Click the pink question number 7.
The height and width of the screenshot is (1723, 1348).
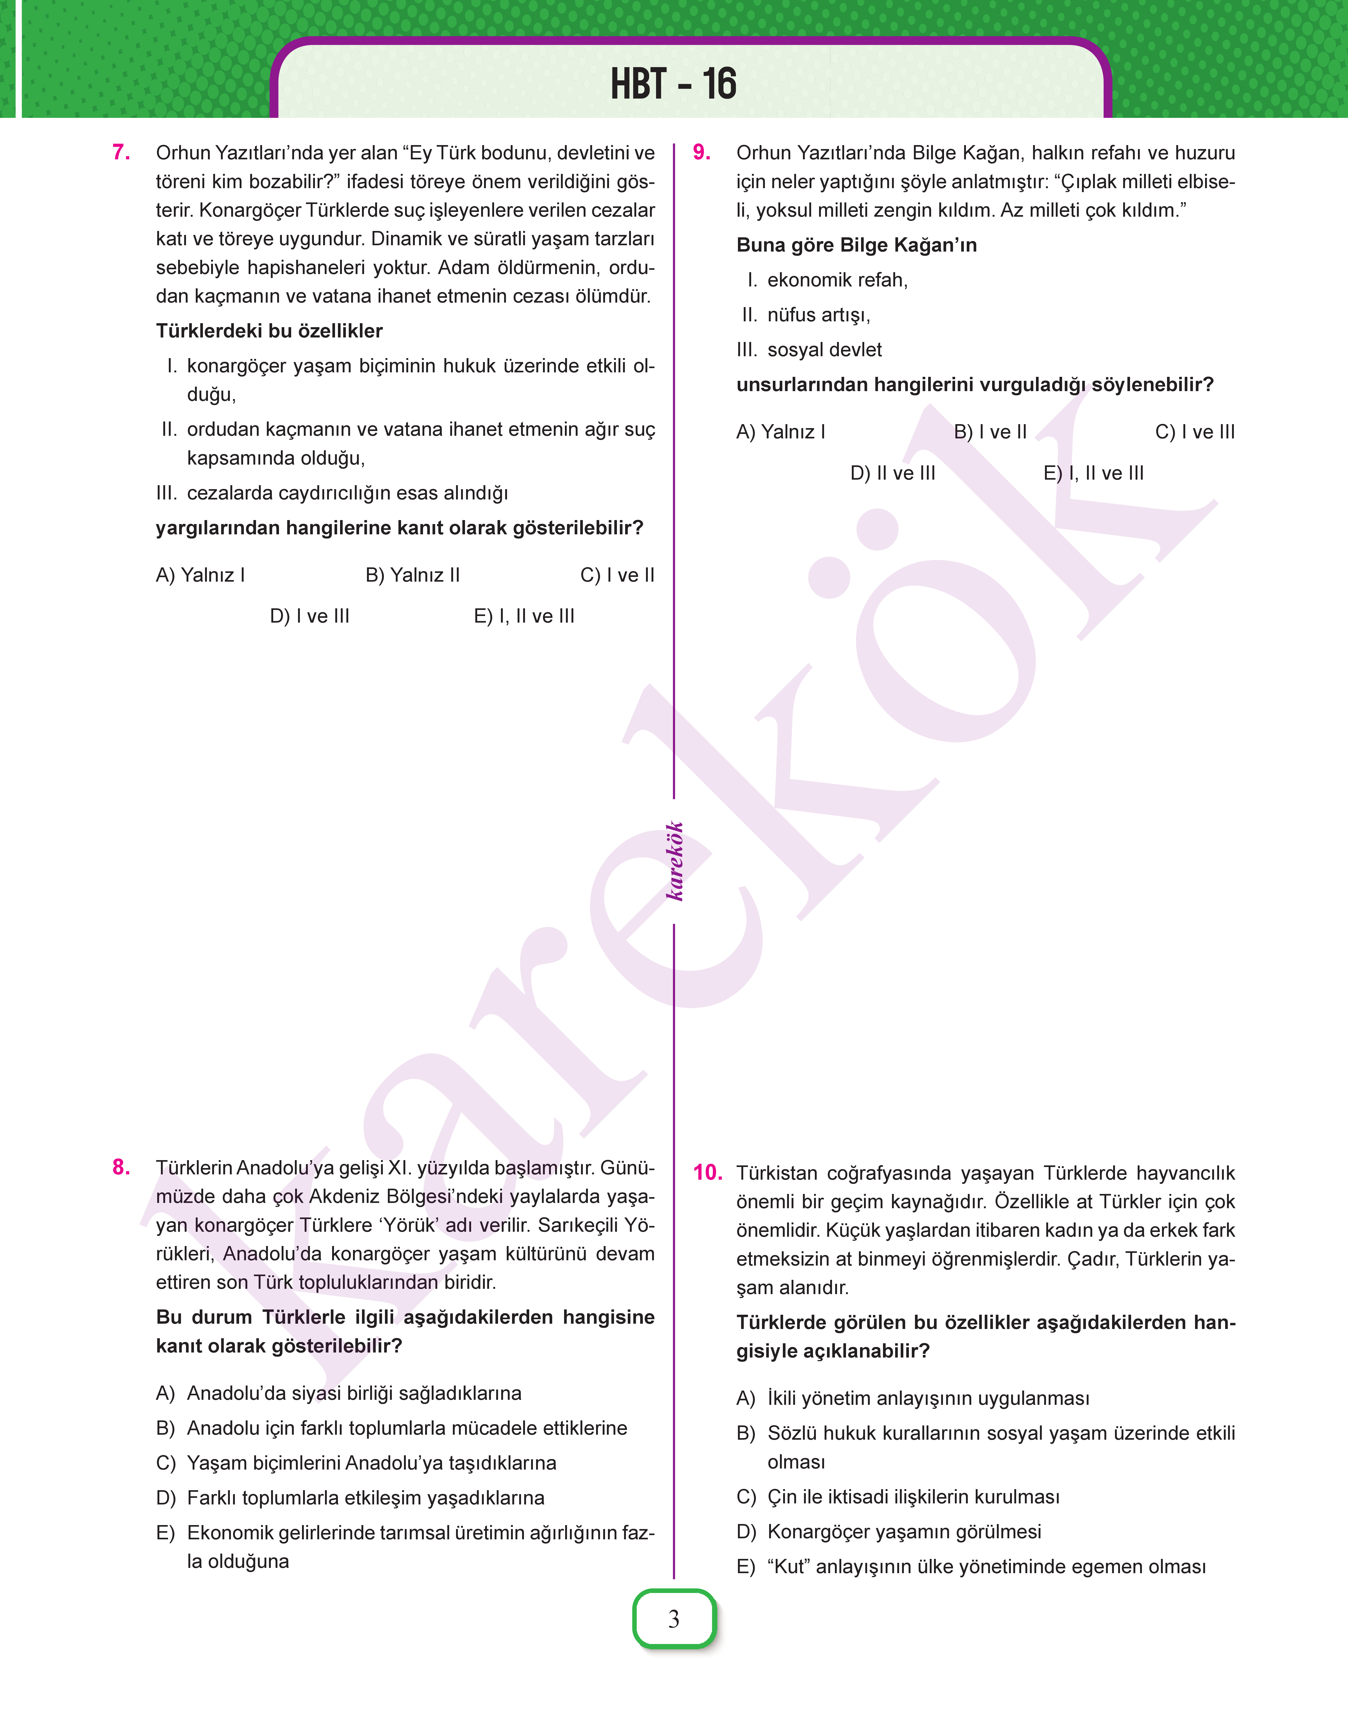tap(122, 152)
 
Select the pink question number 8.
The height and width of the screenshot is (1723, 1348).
tap(122, 1167)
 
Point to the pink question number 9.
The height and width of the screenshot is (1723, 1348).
tap(702, 152)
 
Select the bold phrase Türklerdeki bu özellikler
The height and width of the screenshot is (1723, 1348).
tap(269, 331)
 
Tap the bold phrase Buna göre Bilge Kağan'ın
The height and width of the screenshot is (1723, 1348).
tap(856, 246)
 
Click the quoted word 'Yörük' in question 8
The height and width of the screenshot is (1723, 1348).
tap(410, 1225)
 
